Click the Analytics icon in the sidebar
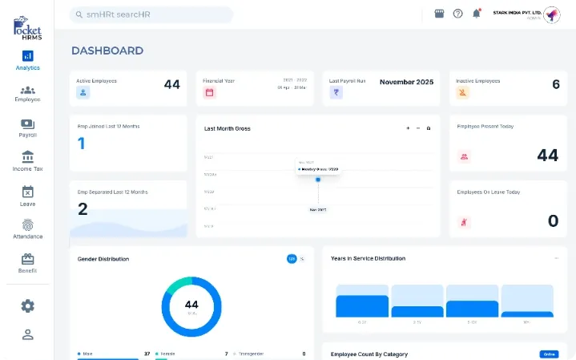[x=27, y=56]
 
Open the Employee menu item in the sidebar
[x=27, y=91]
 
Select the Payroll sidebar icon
[x=27, y=124]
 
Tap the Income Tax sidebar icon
[x=27, y=157]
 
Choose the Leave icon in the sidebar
[x=27, y=192]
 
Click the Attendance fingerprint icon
[x=27, y=225]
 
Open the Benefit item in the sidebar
[x=27, y=260]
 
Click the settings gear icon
[x=28, y=305]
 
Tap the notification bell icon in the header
[x=477, y=14]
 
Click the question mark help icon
[x=458, y=14]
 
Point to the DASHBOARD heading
[x=107, y=51]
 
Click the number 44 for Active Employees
[x=171, y=84]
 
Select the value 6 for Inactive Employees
[x=556, y=84]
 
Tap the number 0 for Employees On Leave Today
[x=553, y=220]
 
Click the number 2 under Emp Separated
[x=83, y=209]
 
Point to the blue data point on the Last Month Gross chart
[x=318, y=180]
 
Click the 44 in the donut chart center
[x=191, y=305]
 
